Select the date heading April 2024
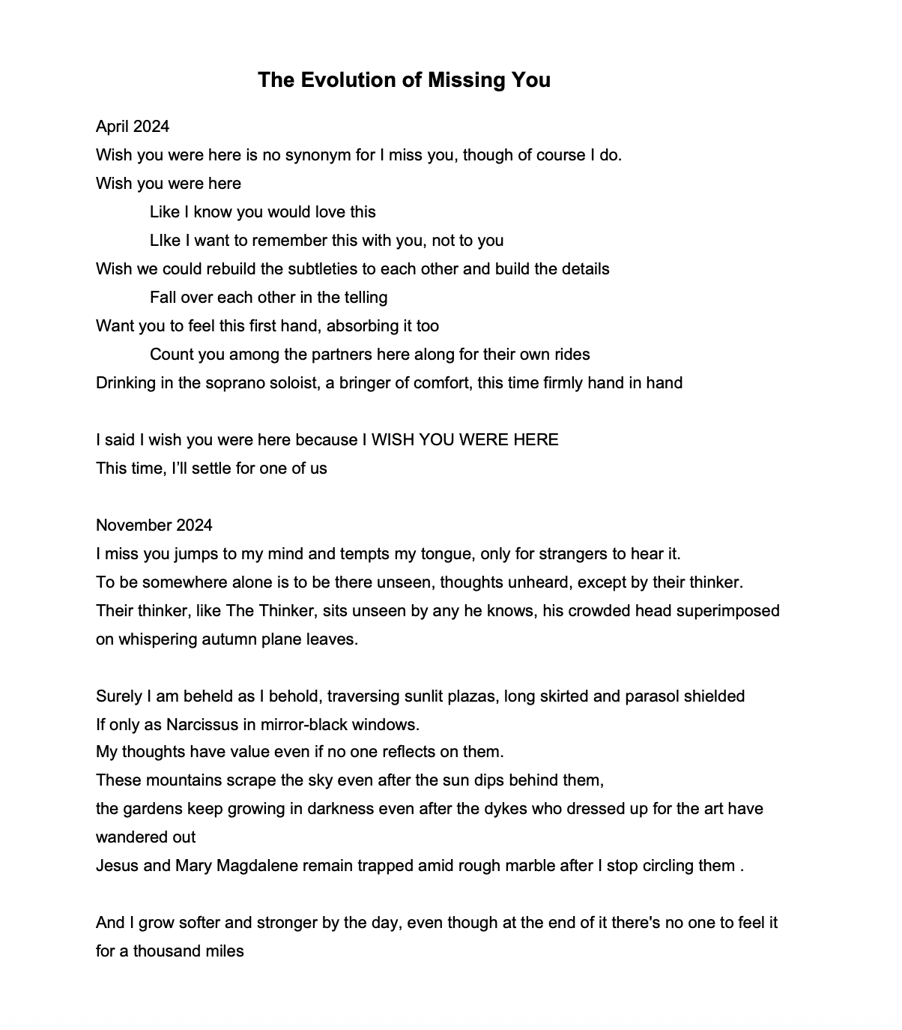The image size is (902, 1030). [x=133, y=126]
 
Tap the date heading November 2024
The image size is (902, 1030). [x=154, y=525]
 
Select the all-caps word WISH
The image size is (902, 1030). [x=393, y=439]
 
